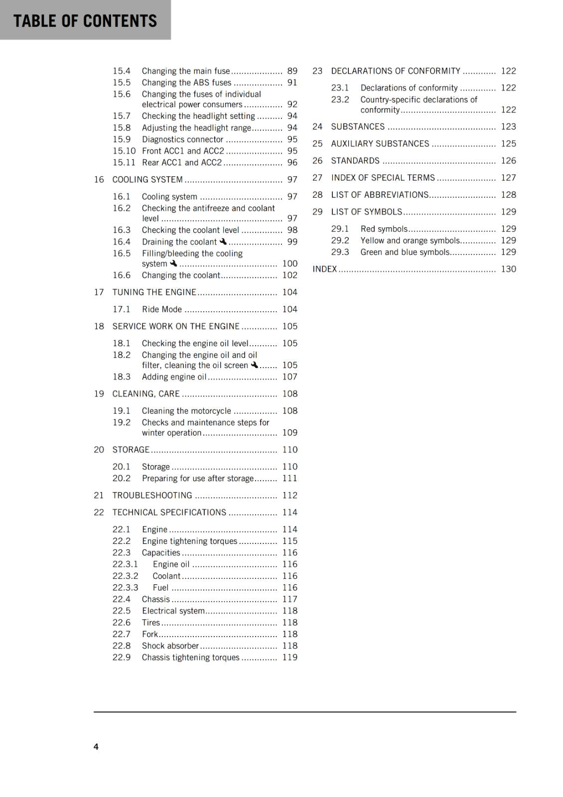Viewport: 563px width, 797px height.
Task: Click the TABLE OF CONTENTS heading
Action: click(x=85, y=21)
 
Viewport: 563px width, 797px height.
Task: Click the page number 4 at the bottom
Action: click(x=96, y=746)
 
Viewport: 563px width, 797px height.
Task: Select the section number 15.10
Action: click(x=124, y=151)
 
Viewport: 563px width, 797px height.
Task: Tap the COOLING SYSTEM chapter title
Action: click(x=147, y=179)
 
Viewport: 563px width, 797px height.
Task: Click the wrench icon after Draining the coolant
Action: click(x=223, y=242)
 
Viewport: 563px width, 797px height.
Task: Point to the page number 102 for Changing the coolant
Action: click(x=289, y=275)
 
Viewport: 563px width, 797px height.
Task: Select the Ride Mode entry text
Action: click(x=161, y=309)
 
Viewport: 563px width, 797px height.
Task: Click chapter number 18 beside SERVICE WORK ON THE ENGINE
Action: click(x=99, y=326)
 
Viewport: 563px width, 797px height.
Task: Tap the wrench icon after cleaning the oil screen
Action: click(x=255, y=365)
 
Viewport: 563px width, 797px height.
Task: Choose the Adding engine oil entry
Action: click(x=174, y=377)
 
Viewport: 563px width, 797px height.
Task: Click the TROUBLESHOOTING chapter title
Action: click(x=152, y=495)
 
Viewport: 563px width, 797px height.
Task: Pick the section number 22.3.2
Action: click(x=125, y=576)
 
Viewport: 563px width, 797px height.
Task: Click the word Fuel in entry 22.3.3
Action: click(x=160, y=588)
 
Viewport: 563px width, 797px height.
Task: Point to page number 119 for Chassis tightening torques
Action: click(x=289, y=658)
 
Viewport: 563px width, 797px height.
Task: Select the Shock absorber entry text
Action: click(x=170, y=646)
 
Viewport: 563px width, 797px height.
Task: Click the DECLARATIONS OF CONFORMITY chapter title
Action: click(x=396, y=71)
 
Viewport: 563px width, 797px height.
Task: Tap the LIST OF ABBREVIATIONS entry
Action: click(x=380, y=195)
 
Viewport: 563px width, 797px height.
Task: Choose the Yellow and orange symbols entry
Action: click(x=410, y=241)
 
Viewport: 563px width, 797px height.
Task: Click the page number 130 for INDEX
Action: click(x=508, y=269)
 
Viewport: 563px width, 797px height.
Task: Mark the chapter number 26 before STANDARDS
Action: click(x=317, y=161)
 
